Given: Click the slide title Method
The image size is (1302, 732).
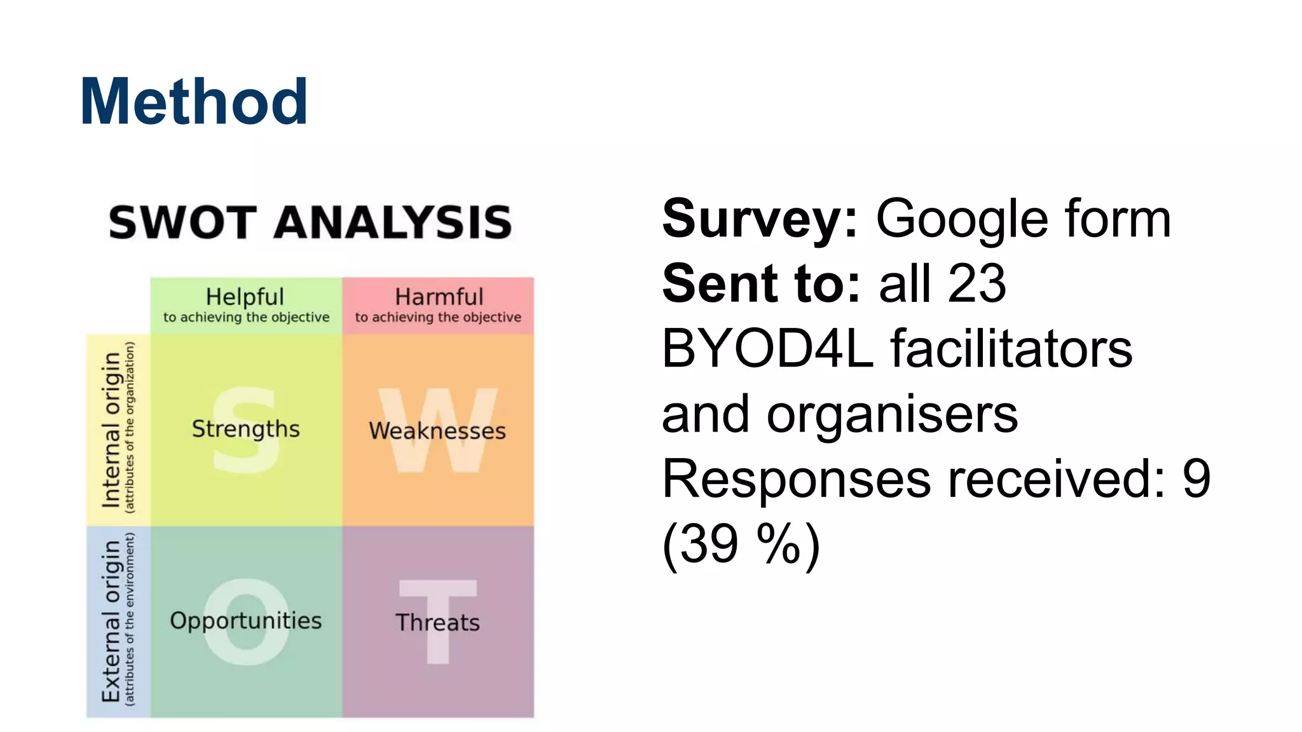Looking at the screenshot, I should [x=194, y=102].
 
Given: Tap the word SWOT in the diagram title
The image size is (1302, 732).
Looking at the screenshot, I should [x=182, y=222].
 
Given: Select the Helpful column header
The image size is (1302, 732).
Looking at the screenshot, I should [x=245, y=297].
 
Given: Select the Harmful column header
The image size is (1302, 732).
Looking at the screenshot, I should [x=439, y=297].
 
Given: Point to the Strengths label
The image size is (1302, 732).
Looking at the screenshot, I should [x=245, y=429].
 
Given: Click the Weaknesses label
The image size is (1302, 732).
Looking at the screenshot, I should [x=437, y=431].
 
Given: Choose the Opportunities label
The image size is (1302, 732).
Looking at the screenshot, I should [x=245, y=620].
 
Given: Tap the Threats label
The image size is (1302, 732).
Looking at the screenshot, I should [x=437, y=622].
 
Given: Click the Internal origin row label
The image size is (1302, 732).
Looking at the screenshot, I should [x=111, y=430].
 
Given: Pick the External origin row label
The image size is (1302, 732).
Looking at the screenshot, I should [x=111, y=621].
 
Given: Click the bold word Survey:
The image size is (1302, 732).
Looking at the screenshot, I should [x=760, y=219].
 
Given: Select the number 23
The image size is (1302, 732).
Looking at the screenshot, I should [x=976, y=284].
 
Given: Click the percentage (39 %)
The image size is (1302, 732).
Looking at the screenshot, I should [x=741, y=544].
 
